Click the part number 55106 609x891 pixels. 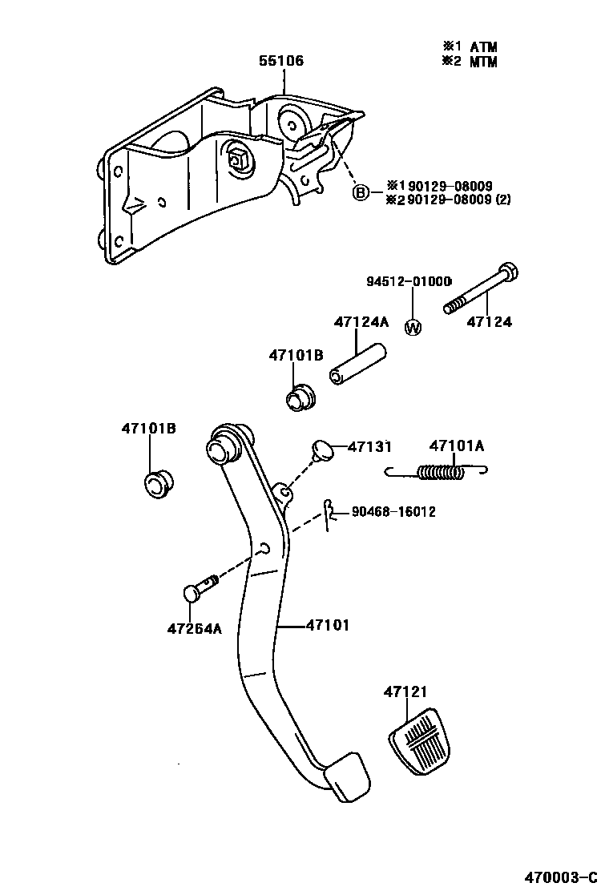(281, 61)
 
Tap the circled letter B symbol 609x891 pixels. (361, 192)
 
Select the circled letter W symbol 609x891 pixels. (413, 327)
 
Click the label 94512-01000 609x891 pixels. (409, 281)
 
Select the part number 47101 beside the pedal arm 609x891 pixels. (328, 625)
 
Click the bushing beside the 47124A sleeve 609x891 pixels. (301, 397)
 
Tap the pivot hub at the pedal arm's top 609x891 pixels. (224, 445)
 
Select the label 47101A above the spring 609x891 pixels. (457, 445)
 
